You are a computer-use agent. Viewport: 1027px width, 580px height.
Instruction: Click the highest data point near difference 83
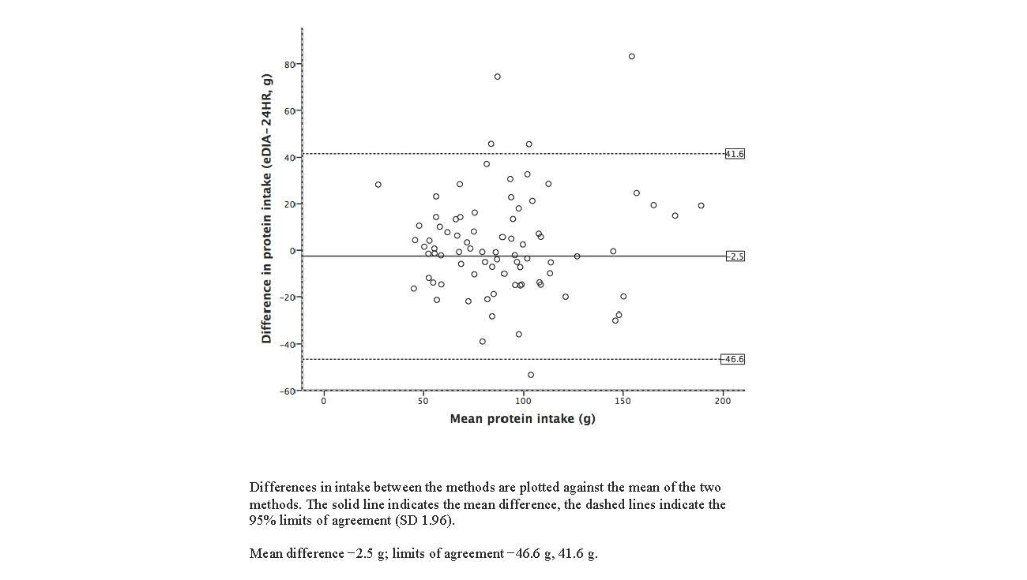click(x=631, y=57)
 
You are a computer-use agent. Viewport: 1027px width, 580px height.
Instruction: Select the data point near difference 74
click(x=497, y=77)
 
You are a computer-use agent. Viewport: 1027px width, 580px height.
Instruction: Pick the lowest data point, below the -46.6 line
click(x=530, y=375)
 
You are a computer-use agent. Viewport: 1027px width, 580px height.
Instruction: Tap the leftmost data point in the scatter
click(x=378, y=185)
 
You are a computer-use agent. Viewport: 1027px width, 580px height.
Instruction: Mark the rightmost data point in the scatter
click(x=701, y=206)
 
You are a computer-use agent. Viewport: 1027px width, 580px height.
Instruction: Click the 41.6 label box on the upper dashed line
click(x=735, y=154)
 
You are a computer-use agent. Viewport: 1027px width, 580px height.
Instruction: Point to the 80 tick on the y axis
click(x=289, y=64)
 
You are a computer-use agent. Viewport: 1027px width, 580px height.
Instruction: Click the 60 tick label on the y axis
click(x=289, y=110)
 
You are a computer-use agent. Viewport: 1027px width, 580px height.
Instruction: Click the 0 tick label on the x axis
click(x=323, y=402)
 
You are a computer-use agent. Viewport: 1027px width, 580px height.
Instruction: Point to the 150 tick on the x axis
click(x=623, y=402)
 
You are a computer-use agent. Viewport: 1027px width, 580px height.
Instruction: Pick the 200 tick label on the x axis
click(x=722, y=402)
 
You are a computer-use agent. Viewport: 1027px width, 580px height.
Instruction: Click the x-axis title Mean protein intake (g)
click(x=522, y=419)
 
